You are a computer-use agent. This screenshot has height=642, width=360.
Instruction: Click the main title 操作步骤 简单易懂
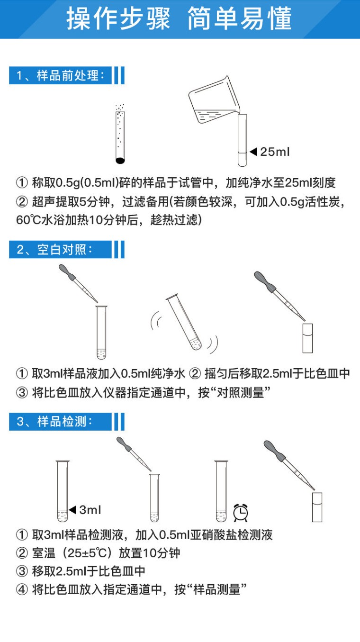(179, 18)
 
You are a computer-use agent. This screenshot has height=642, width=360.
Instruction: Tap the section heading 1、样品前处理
(60, 76)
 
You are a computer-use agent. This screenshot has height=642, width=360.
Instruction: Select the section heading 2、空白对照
(54, 250)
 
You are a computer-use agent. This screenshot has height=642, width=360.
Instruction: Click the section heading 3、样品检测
(54, 422)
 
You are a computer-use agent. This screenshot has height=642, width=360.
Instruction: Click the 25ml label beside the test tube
(275, 152)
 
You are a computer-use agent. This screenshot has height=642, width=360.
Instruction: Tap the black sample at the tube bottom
(120, 161)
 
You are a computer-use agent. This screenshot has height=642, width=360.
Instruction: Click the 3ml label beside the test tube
(90, 510)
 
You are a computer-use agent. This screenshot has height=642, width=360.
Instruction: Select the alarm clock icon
(241, 513)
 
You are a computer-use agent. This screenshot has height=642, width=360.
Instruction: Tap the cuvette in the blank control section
(307, 338)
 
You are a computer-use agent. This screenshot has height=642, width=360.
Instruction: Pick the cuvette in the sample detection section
(317, 507)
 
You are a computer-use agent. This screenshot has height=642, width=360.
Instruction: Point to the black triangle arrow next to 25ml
(253, 151)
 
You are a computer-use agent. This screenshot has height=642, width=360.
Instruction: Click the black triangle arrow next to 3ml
(72, 510)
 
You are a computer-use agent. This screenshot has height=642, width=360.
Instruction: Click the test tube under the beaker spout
(243, 140)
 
